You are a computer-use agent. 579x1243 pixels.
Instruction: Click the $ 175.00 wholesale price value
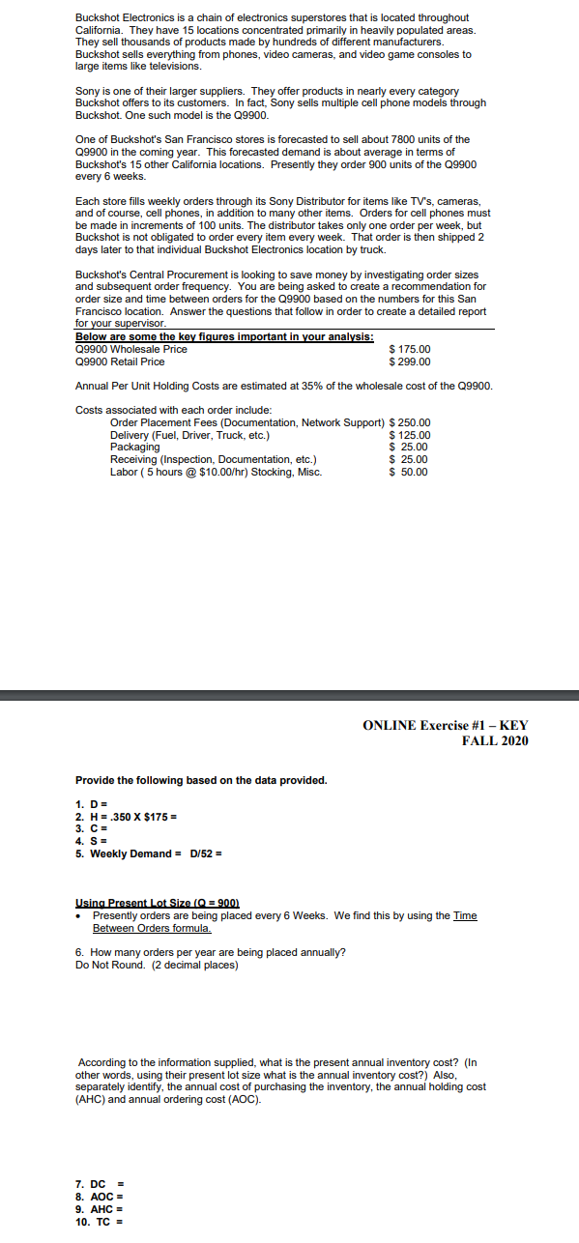(409, 349)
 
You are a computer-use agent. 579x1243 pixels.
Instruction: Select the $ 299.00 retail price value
(409, 361)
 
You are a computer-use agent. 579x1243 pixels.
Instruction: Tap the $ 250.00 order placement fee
(409, 423)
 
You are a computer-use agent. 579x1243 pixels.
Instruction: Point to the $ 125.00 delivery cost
(409, 435)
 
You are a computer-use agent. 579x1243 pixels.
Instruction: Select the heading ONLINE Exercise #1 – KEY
(446, 726)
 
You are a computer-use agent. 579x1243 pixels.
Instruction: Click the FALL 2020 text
(495, 741)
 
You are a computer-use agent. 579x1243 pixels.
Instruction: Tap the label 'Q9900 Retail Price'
(120, 361)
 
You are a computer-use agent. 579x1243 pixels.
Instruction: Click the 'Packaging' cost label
(135, 448)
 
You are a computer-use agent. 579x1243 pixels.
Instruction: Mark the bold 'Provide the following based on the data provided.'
(201, 780)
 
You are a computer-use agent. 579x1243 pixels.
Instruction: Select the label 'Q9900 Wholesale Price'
(130, 349)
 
